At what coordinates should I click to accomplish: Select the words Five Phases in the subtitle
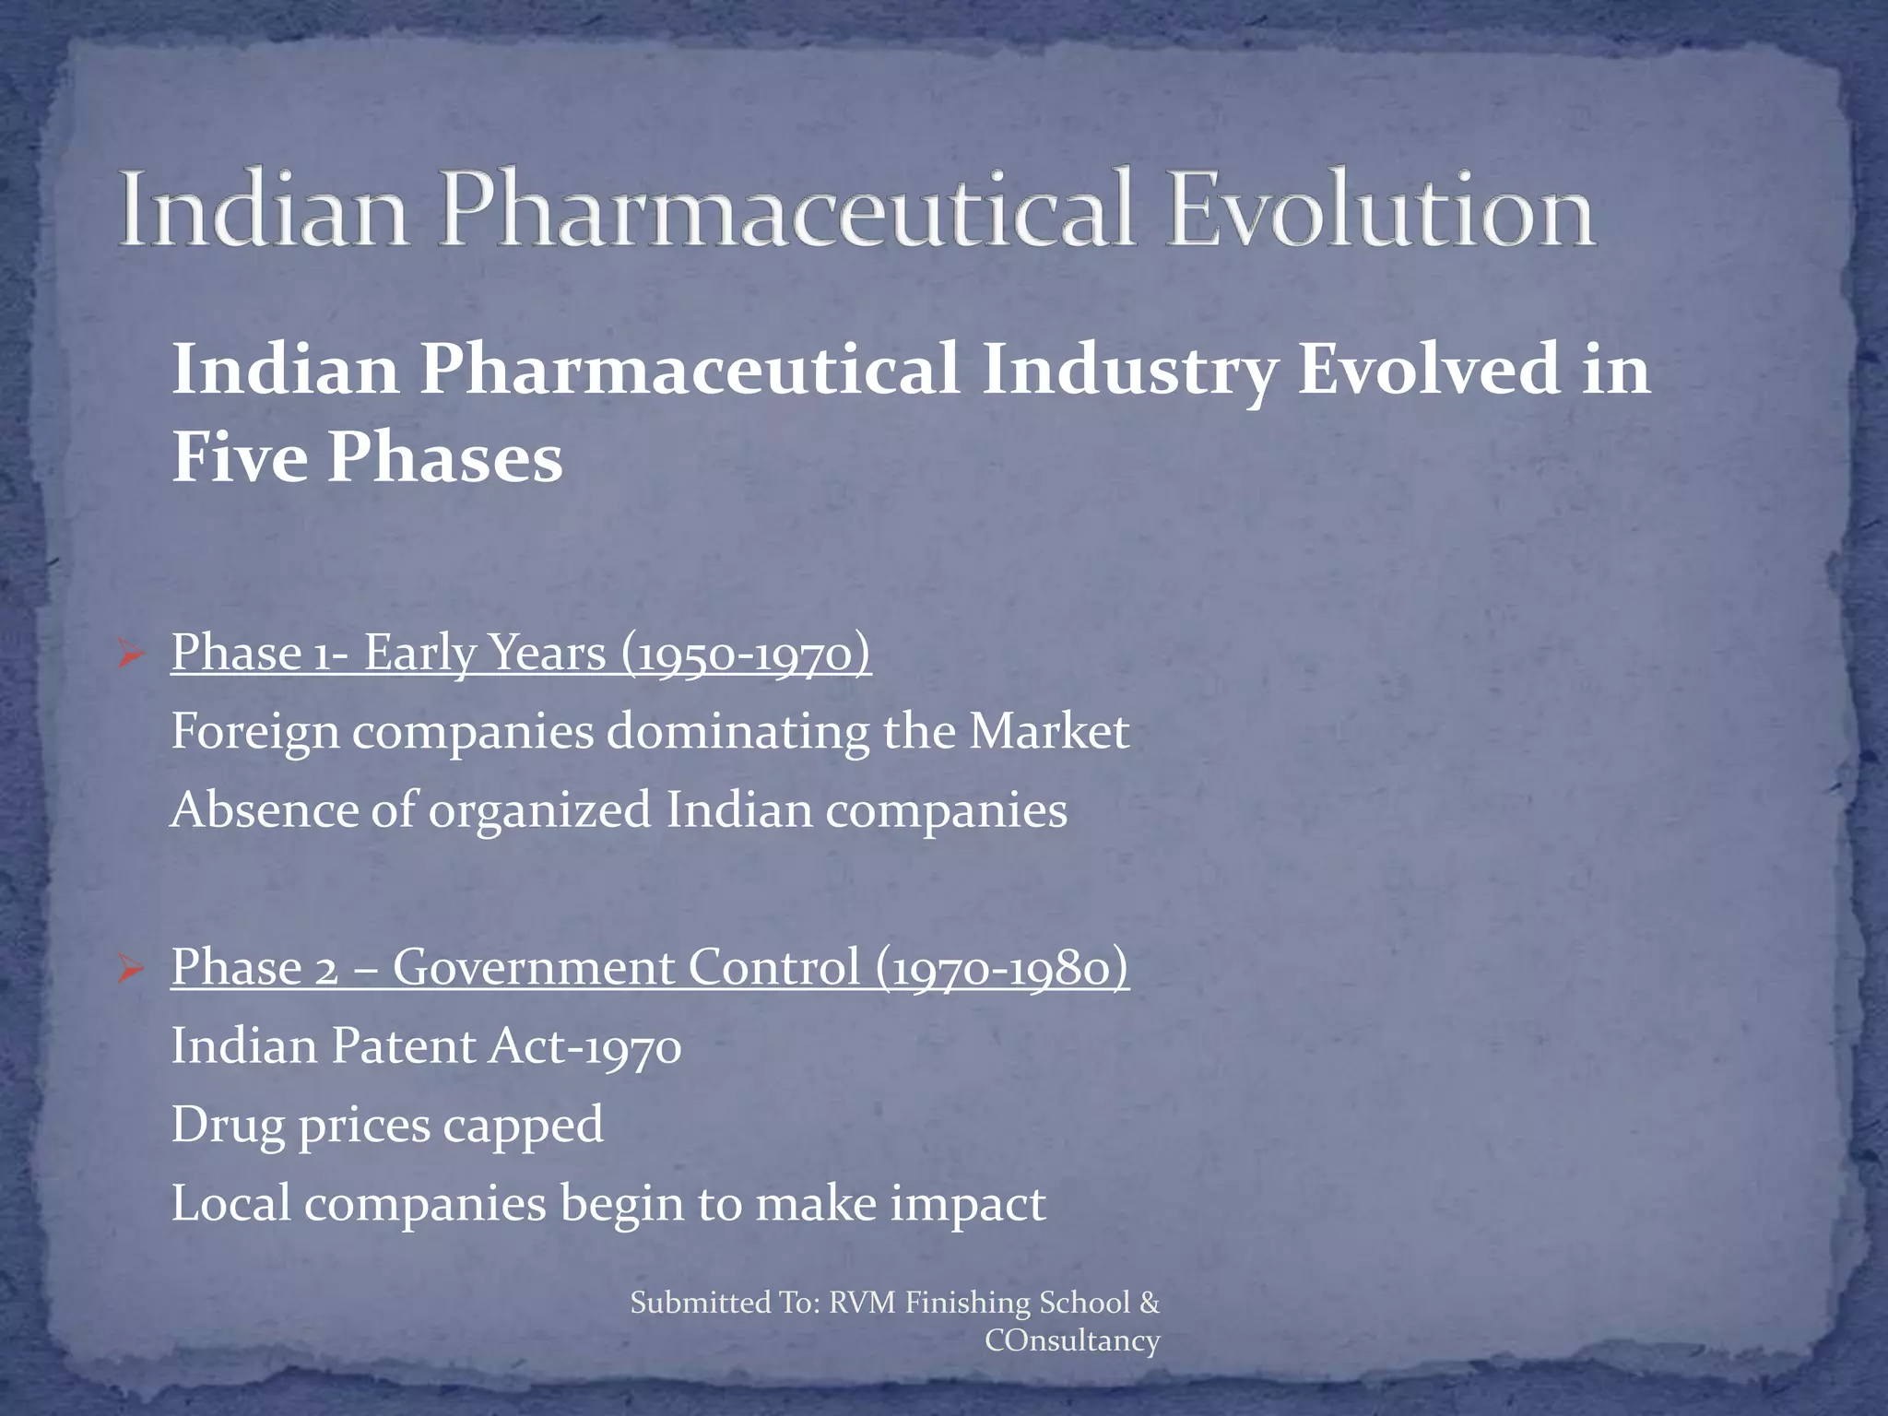coord(367,458)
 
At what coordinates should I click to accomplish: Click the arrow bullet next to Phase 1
coord(131,656)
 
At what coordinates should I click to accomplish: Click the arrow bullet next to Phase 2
coord(131,970)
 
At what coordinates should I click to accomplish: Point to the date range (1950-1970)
coord(746,655)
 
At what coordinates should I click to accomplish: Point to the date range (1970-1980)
coord(1002,968)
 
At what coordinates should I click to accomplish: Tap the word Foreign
coord(255,733)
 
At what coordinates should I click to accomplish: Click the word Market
coord(1048,733)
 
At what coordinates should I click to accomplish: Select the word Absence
coord(263,811)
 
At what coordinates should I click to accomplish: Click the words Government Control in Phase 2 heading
coord(626,968)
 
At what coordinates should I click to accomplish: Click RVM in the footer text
coord(862,1303)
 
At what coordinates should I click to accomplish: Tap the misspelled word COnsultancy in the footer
coord(1072,1340)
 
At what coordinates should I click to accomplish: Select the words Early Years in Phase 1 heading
coord(485,655)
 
